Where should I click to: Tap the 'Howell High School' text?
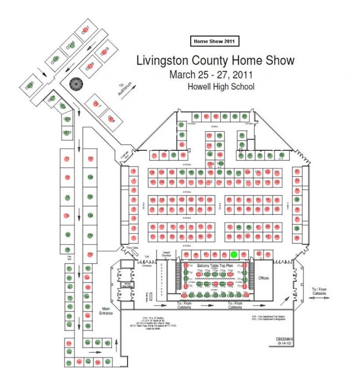[x=221, y=87]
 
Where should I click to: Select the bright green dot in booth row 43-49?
[x=233, y=254]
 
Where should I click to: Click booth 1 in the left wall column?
[x=133, y=238]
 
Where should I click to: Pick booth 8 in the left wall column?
[x=133, y=172]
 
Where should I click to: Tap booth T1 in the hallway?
[x=67, y=159]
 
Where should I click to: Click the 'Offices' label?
[x=264, y=278]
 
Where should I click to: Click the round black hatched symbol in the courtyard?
[x=77, y=84]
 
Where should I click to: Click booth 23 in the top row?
[x=245, y=116]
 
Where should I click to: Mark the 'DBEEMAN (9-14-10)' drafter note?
[x=283, y=341]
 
